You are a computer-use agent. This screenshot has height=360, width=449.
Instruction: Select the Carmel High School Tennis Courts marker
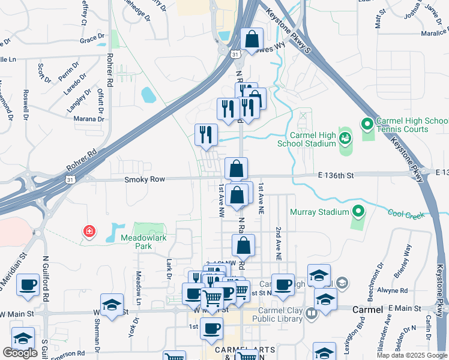[x=367, y=125]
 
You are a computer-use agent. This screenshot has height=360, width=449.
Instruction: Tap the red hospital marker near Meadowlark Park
[x=89, y=231]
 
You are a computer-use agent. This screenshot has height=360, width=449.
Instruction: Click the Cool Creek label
[x=407, y=213]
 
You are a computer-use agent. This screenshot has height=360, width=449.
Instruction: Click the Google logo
[x=20, y=353]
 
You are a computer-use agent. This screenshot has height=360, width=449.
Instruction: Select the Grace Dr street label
[x=92, y=40]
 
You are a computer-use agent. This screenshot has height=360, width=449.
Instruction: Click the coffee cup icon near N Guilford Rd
[x=28, y=285]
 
